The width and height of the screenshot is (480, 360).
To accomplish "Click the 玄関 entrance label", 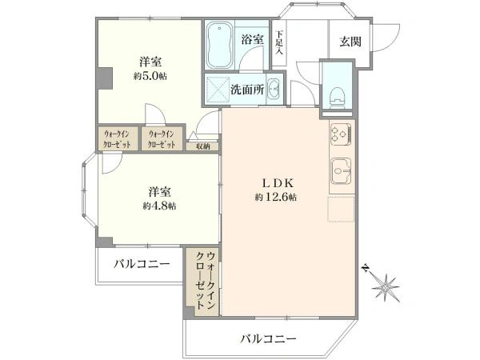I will [349, 42].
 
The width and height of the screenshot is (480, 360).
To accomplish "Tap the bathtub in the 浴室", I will [218, 46].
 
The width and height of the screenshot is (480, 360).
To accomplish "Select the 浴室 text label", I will [252, 38].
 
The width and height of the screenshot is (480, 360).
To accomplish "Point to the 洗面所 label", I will [246, 89].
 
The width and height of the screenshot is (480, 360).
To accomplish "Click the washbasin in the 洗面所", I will [274, 89].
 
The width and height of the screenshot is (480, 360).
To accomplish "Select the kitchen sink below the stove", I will [342, 170].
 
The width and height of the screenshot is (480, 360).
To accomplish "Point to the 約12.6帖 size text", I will [276, 197].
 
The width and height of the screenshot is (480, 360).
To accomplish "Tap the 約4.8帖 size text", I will [158, 206].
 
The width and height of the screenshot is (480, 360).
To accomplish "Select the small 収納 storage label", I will [201, 146].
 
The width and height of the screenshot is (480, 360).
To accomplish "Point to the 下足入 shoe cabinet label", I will [279, 42].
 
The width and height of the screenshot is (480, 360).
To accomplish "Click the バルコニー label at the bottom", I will [269, 339].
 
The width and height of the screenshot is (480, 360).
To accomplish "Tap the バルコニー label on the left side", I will [140, 263].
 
